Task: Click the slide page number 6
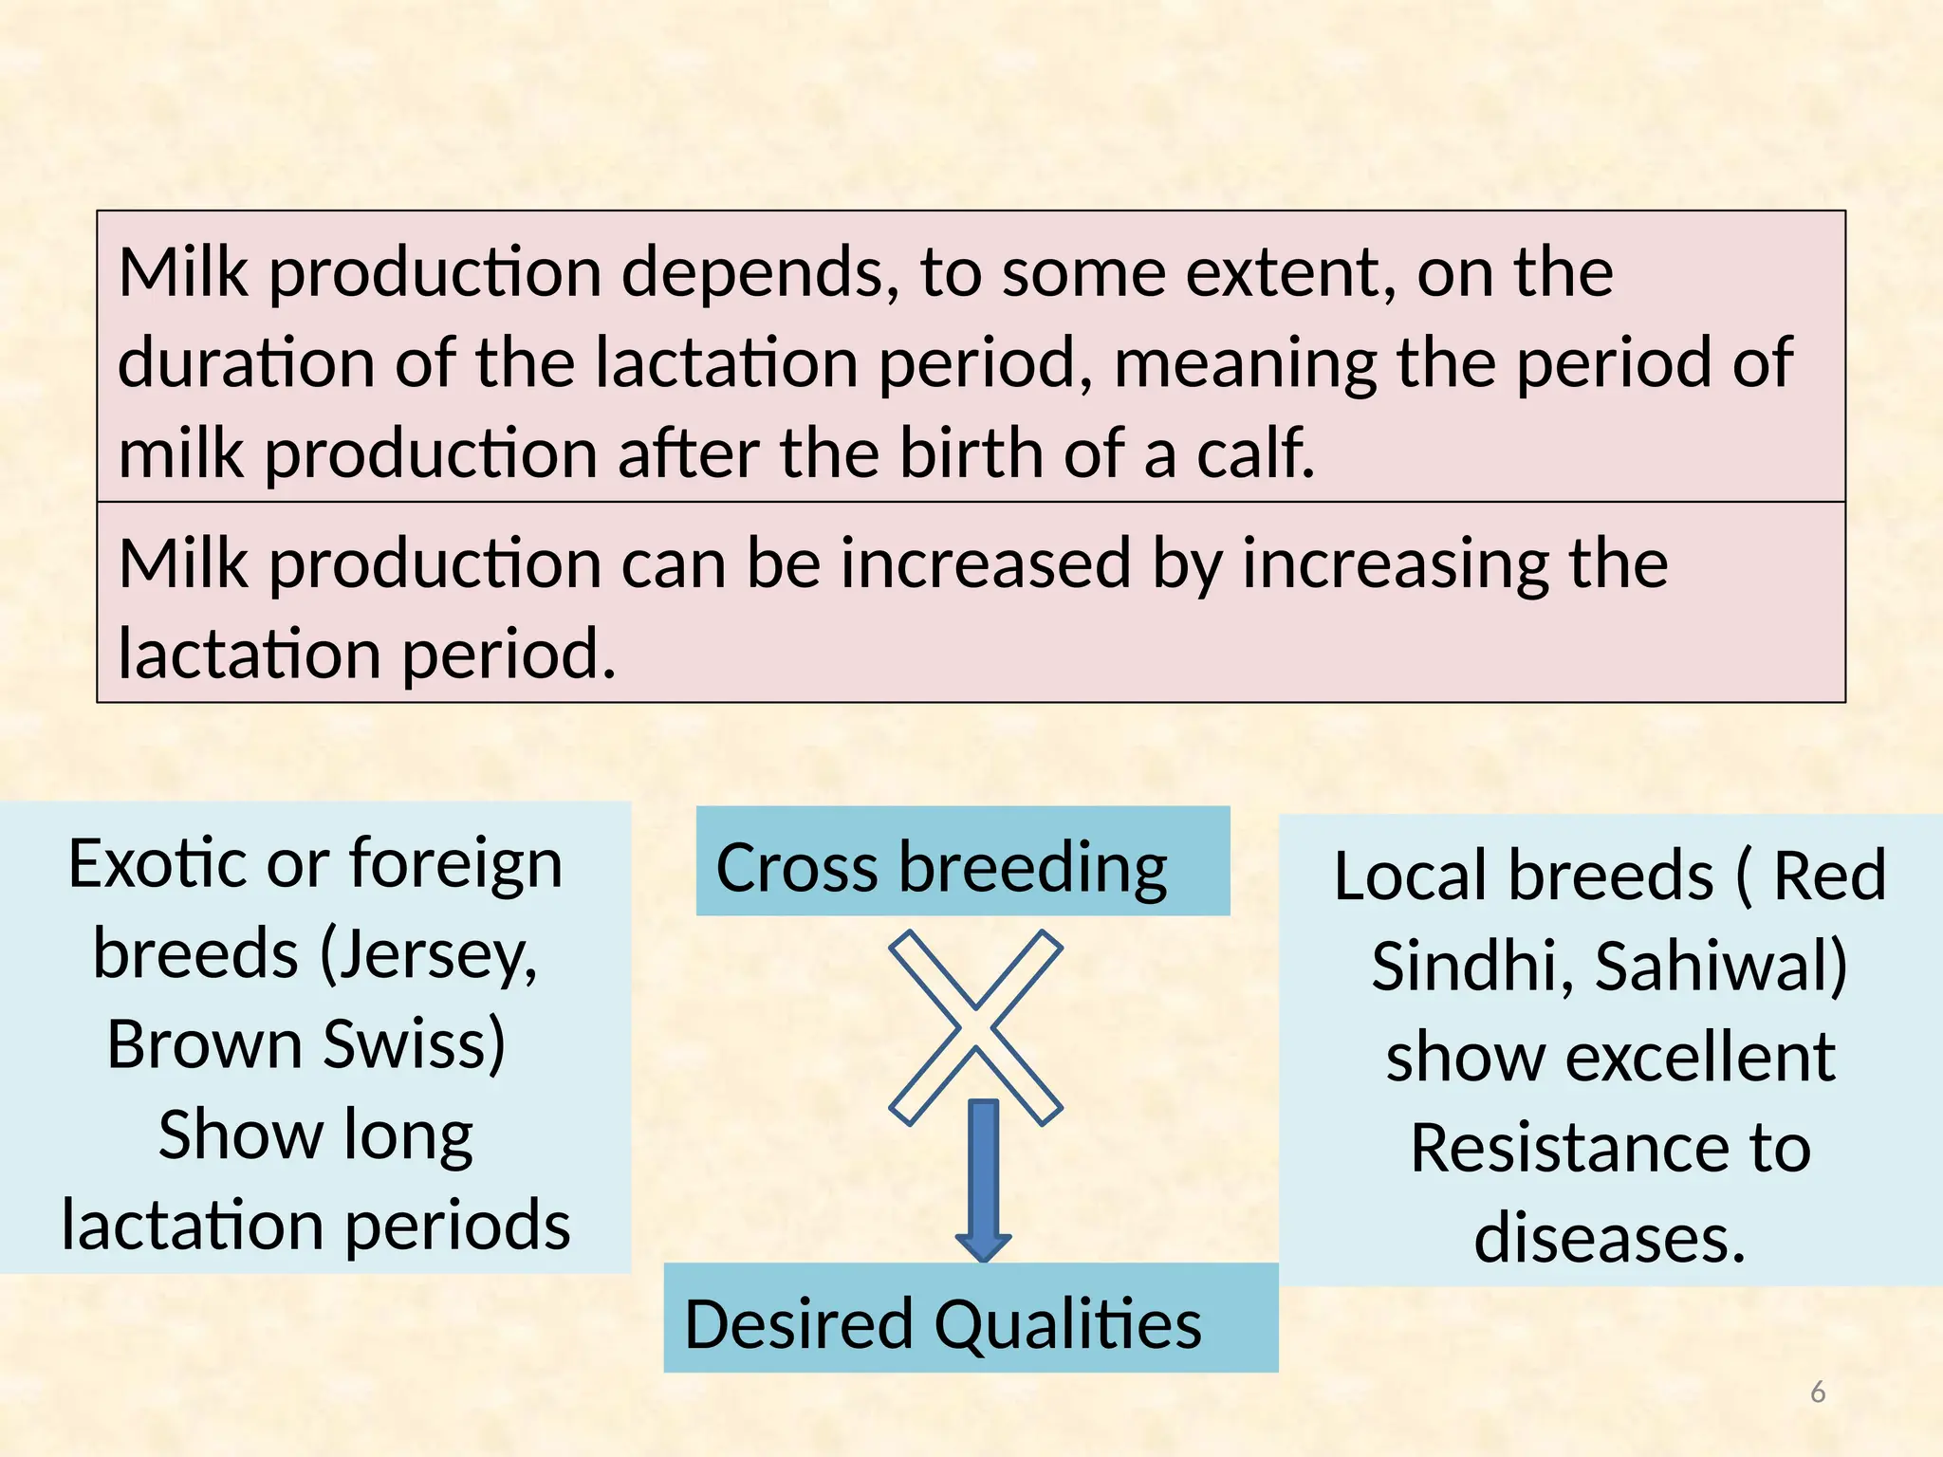(x=1818, y=1392)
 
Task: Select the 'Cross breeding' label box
(x=962, y=861)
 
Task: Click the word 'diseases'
(x=1609, y=1238)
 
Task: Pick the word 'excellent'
(x=1699, y=1057)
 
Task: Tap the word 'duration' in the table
(x=247, y=363)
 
